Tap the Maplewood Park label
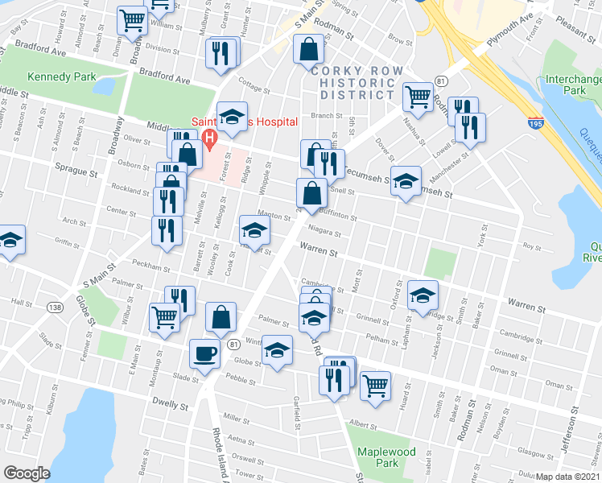tap(389, 457)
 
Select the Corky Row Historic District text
tap(351, 83)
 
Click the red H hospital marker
tap(211, 138)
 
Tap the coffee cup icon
tap(204, 352)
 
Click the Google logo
tap(27, 473)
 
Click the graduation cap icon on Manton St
tap(254, 229)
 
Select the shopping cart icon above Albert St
tap(375, 385)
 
